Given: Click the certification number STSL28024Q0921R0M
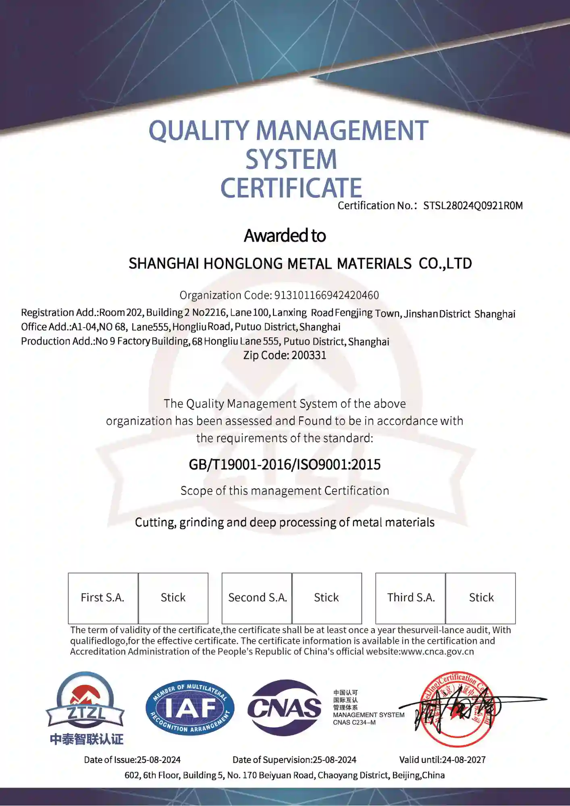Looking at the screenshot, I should [x=472, y=206].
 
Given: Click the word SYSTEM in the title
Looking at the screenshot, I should [x=291, y=160].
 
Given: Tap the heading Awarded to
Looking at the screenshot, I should [x=285, y=236].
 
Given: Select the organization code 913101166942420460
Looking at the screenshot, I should [x=327, y=295].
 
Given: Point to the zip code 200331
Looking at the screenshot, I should [x=309, y=355].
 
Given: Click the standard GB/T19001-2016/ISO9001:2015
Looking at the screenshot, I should [x=285, y=465].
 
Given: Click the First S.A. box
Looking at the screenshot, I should [x=103, y=598].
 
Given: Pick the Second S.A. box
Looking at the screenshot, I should [x=257, y=598].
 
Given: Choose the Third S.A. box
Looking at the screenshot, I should [x=410, y=598].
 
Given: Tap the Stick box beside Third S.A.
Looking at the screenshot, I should [x=481, y=598].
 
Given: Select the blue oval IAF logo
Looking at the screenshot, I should [x=190, y=708].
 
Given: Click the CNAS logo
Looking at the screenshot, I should [x=285, y=708].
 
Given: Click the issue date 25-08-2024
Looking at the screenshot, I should [x=159, y=760].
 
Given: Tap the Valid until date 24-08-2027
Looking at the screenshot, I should [x=464, y=760].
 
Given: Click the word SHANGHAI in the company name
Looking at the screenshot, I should [x=164, y=264].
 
